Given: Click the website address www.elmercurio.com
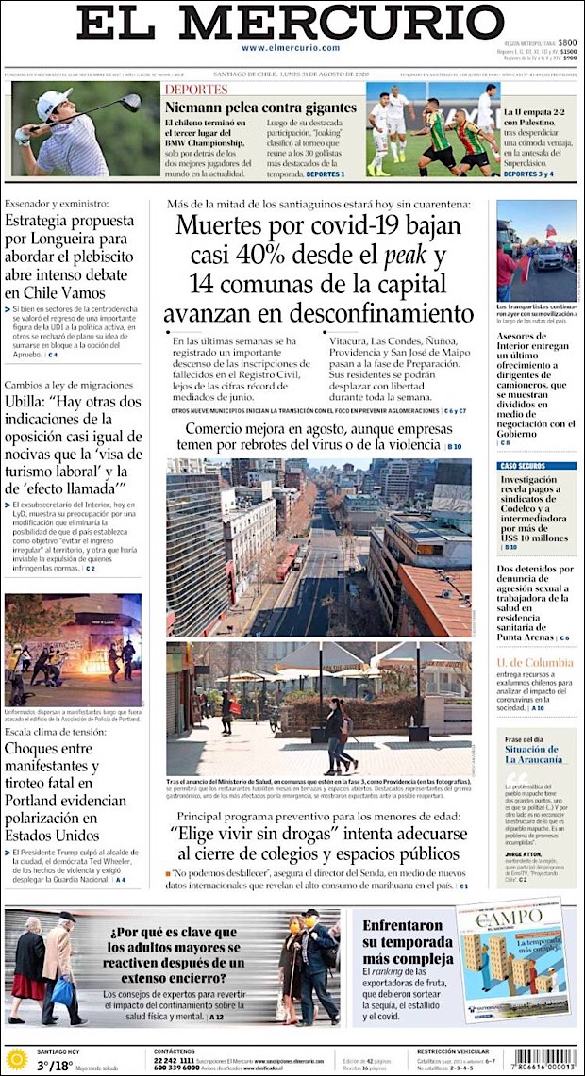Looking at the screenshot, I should (x=290, y=47).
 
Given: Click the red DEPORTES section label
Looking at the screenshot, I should (x=196, y=90).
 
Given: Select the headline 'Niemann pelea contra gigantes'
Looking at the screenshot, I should (x=260, y=108).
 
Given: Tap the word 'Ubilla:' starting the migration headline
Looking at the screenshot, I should (x=28, y=402).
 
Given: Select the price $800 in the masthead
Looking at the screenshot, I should (x=566, y=42).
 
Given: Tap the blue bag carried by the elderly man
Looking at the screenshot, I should (x=63, y=991).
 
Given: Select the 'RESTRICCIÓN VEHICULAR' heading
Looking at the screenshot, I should (x=453, y=1051).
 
